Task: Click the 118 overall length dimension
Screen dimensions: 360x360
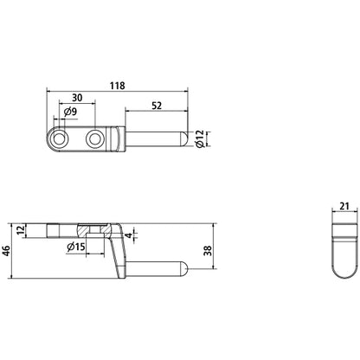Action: (118, 86)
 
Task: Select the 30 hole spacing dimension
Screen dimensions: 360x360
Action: (77, 98)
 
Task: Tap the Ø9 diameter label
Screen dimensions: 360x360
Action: (72, 111)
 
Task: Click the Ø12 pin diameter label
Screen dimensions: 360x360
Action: (198, 138)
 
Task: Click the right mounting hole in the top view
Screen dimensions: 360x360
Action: (95, 138)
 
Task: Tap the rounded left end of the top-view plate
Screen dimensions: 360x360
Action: (49, 138)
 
